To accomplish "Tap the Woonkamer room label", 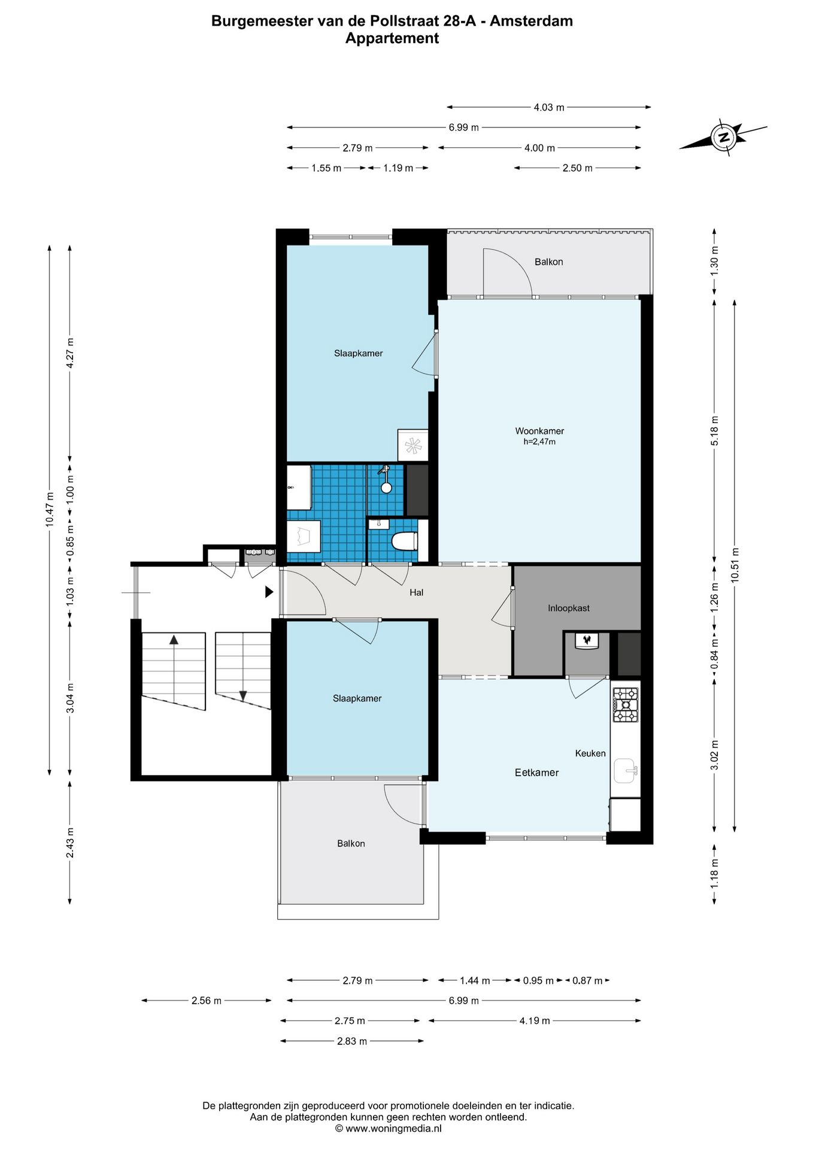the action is point(539,431).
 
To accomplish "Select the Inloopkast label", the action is point(569,608).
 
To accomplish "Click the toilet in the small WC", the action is point(404,542).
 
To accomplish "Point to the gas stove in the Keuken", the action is point(625,705).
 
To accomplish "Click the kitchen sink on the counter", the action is point(625,770).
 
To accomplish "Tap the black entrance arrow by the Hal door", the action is point(269,592).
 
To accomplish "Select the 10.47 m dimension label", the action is point(50,509).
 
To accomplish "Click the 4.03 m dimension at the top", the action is point(549,107).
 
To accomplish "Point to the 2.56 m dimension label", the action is point(207,1000).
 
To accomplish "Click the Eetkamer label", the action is point(537,773).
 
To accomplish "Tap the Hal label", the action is point(417,592).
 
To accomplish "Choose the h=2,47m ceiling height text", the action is point(539,442).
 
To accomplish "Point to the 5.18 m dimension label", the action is point(714,430).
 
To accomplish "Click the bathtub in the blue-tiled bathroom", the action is point(304,537).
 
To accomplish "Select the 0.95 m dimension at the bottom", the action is point(538,980).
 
